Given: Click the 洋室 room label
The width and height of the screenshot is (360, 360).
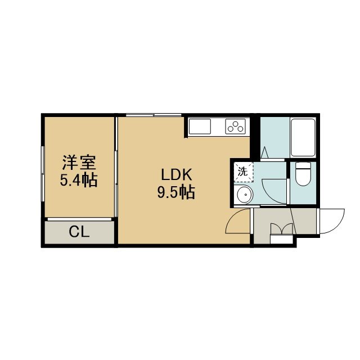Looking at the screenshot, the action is point(79,163).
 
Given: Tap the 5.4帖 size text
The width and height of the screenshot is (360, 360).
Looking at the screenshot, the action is point(79,180).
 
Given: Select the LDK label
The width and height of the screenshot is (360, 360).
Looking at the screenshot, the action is point(176,175).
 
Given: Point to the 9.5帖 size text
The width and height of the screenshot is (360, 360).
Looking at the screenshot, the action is point(176,192).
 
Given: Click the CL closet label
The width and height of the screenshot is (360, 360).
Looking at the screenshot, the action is point(79,232).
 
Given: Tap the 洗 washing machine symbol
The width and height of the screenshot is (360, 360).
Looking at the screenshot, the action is point(244,172).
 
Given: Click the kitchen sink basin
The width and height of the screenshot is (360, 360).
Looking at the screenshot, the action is point(200,127).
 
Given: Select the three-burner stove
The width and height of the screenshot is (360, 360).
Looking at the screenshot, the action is point(235,127).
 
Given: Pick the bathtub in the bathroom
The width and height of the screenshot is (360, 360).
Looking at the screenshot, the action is point(303,137).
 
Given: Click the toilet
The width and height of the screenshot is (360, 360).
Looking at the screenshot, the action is point(303,174).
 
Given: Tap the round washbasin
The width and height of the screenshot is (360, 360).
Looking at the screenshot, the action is point(245,195).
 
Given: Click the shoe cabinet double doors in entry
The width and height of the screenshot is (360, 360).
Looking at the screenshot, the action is point(282,229).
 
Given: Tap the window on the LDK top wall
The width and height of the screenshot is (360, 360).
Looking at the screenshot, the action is point(154,115).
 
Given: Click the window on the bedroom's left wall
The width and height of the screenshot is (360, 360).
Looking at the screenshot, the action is point(43,174).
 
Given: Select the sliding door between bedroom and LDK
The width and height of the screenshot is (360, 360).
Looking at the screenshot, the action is point(116,167).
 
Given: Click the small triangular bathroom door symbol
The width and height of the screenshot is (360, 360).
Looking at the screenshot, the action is point(264,152).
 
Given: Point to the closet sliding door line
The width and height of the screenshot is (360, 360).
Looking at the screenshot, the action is point(79,219).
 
